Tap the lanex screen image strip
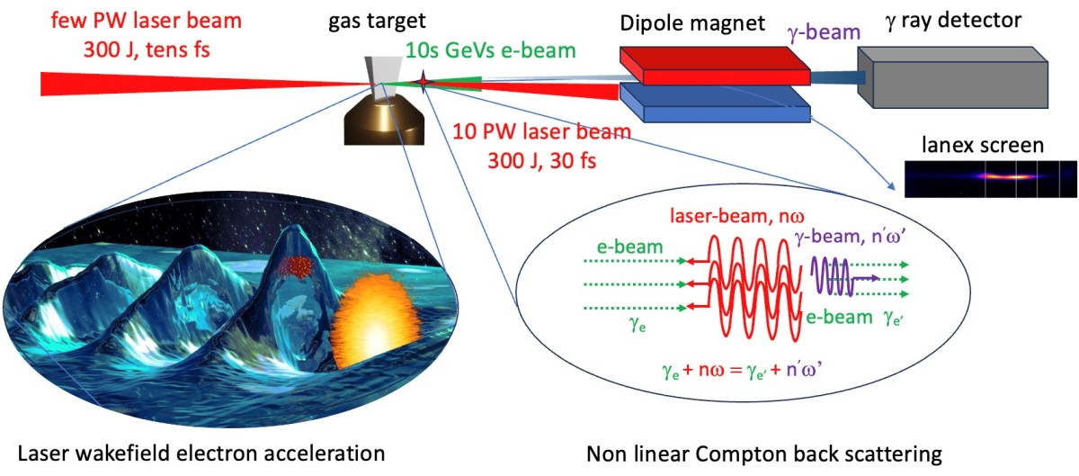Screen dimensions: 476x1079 point(989,178)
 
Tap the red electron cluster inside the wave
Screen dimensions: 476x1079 point(292,265)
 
